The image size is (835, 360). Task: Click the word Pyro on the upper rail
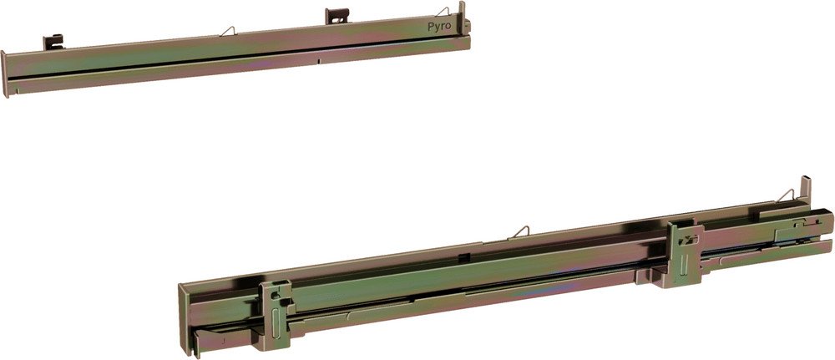(439, 27)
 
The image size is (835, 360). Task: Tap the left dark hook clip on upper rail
(53, 42)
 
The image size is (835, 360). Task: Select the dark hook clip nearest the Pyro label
(337, 16)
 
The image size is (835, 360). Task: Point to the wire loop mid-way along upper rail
(227, 31)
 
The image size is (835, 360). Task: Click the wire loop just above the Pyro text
(443, 11)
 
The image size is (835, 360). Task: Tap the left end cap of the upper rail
(4, 74)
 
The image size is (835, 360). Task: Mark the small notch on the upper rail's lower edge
(318, 61)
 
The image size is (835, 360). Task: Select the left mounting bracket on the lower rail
(276, 315)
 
